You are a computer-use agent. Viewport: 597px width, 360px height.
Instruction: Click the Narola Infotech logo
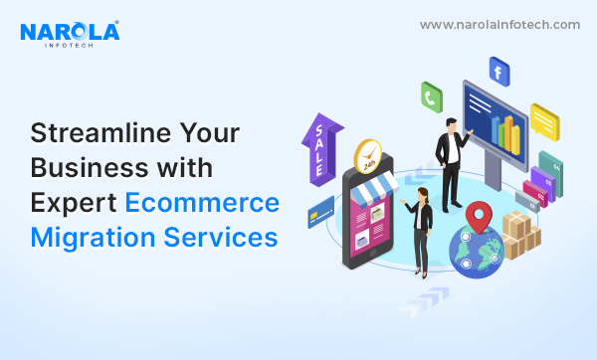[69, 34]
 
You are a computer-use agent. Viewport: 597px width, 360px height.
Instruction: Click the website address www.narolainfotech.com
[499, 24]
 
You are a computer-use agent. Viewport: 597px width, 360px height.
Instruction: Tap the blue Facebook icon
[499, 70]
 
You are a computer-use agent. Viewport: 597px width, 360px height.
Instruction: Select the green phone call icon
[432, 96]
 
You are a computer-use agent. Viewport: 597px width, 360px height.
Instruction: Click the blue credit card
[321, 209]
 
